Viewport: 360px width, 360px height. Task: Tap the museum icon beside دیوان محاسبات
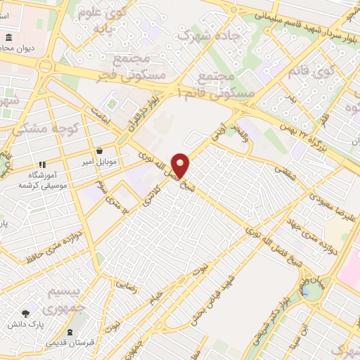(9, 37)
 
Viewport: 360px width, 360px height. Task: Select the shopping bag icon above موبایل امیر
(100, 150)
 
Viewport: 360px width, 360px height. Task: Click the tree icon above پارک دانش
(27, 314)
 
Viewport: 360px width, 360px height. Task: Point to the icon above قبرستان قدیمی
(69, 332)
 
